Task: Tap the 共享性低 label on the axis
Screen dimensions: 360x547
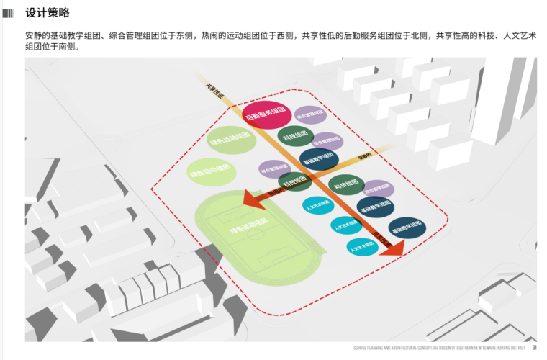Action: coord(215,89)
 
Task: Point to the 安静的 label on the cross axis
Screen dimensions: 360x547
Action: coord(365,156)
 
